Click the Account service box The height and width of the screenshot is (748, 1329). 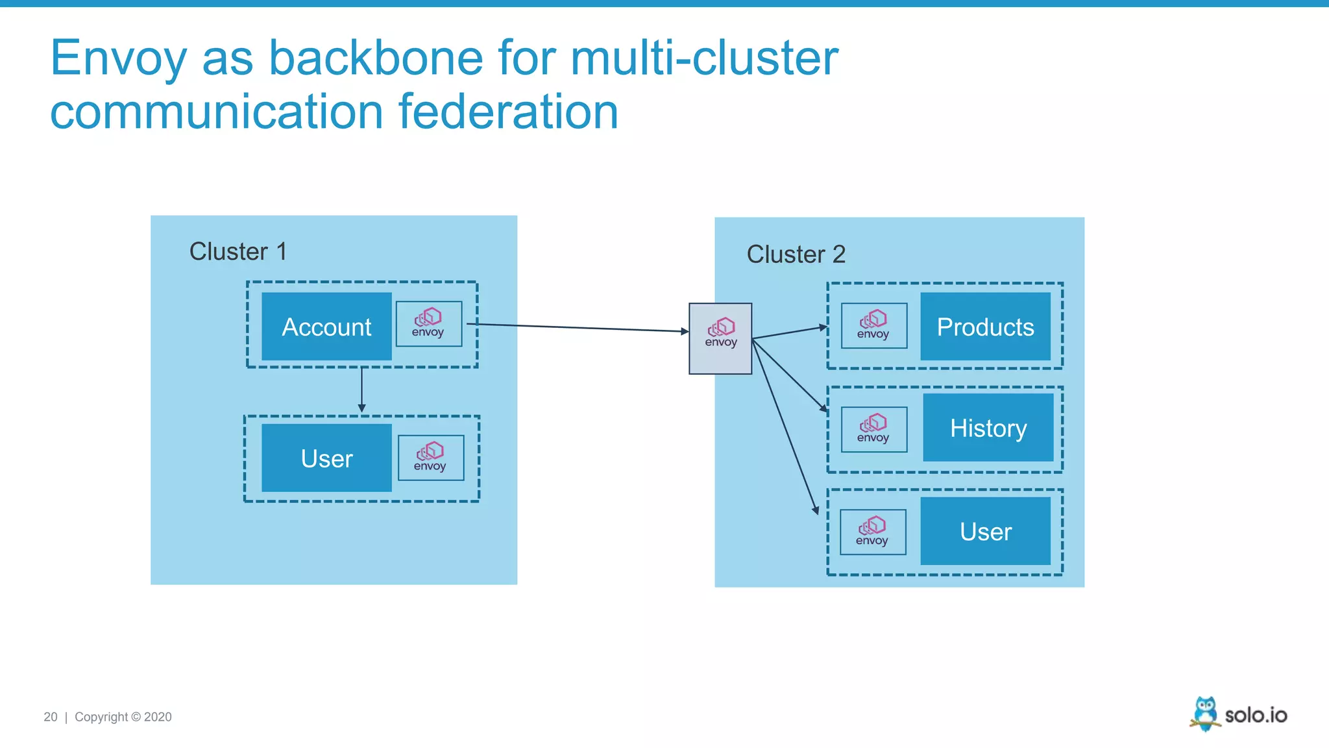(x=326, y=327)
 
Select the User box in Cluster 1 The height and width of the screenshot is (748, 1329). (x=326, y=458)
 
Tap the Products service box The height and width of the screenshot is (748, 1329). (x=985, y=327)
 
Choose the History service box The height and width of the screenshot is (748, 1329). (x=988, y=428)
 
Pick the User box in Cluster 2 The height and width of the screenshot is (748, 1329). (x=985, y=531)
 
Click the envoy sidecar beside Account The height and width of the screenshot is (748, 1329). (x=428, y=323)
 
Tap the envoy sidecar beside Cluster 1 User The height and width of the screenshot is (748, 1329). (x=430, y=458)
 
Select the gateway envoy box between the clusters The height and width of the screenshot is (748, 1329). (x=720, y=338)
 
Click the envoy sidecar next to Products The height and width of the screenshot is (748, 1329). (x=873, y=325)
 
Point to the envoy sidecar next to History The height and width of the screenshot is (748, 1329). (x=873, y=429)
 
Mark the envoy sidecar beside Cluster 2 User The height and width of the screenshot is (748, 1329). (x=872, y=532)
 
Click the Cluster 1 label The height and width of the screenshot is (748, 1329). (x=238, y=251)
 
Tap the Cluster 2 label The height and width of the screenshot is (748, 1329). (x=796, y=254)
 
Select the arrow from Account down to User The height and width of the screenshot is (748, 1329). (x=361, y=390)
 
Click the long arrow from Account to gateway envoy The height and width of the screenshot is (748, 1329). (x=578, y=327)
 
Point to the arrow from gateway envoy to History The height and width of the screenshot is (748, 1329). (x=789, y=375)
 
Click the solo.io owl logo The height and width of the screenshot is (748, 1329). (x=1205, y=714)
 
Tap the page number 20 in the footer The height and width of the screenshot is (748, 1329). (x=51, y=717)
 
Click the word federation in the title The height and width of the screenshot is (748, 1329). (x=507, y=112)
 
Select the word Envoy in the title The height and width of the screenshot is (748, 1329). (x=118, y=58)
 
